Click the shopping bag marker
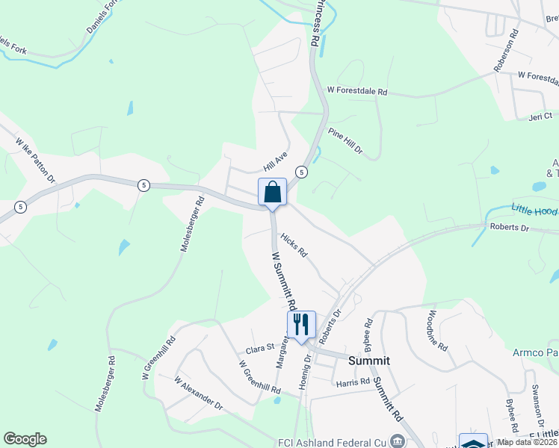pos(272,192)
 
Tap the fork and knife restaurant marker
pos(301,325)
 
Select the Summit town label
pos(368,360)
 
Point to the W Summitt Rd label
pos(284,280)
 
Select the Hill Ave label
pos(275,159)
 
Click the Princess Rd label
pos(317,22)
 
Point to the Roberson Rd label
pos(505,51)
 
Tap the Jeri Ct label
pos(540,116)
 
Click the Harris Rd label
pos(353,382)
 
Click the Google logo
pos(25,439)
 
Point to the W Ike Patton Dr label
pos(35,158)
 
